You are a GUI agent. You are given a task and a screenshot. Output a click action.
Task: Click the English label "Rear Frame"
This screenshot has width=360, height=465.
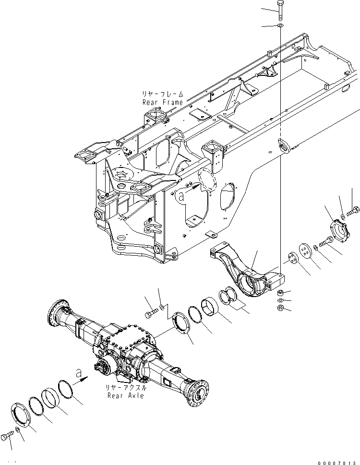162,103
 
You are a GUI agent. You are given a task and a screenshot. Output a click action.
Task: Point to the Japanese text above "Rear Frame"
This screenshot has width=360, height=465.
162,95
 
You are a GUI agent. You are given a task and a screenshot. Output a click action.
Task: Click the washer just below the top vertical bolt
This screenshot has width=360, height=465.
280,25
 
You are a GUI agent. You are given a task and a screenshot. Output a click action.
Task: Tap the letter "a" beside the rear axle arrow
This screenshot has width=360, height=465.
76,372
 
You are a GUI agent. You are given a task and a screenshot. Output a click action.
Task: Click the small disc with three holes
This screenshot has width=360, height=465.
291,258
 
